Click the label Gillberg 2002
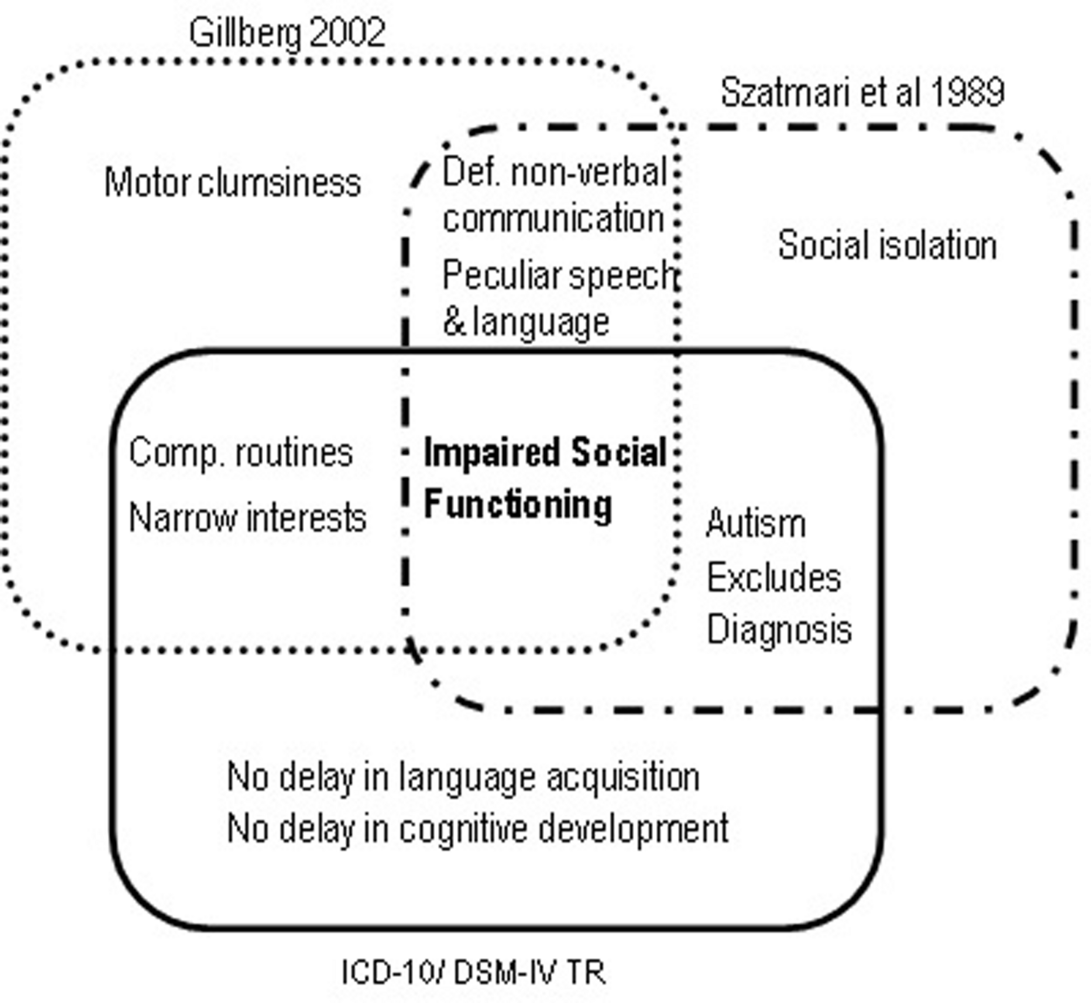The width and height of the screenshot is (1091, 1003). coord(287,34)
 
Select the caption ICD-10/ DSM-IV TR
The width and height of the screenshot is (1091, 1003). coord(473,972)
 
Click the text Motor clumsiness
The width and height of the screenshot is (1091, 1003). coord(232,183)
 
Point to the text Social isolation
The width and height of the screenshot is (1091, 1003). coord(888,245)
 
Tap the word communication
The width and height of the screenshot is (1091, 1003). coord(553,219)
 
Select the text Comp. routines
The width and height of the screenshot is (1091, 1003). coord(241,453)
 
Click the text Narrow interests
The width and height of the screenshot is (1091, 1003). coord(247,518)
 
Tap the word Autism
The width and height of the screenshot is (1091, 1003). coord(755,524)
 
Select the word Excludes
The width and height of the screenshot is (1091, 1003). coord(773,578)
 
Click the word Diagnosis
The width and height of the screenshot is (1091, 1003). coord(779,630)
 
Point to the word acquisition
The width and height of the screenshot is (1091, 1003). coord(623,777)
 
